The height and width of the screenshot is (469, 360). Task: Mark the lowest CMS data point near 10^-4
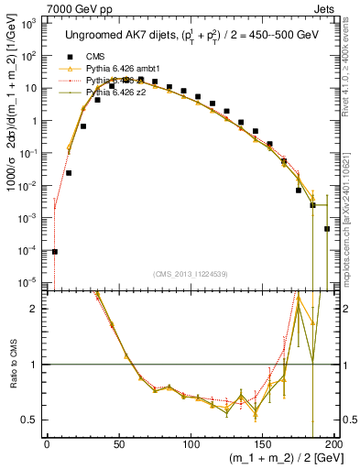click(54, 251)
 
